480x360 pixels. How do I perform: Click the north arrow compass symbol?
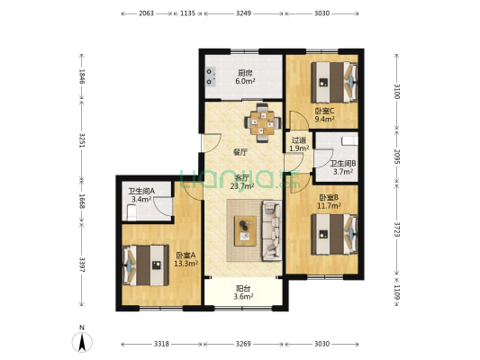82,342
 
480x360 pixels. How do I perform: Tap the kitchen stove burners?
211,76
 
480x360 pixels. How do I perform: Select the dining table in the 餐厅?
263,123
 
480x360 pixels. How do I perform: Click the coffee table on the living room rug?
245,231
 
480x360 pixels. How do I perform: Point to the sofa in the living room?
272,231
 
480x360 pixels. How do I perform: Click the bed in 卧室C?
334,82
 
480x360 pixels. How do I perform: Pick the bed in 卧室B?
334,234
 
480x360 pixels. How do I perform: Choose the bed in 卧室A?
145,265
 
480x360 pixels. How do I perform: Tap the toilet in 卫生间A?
131,212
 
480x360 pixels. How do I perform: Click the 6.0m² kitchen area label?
245,81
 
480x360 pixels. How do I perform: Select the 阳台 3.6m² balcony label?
243,292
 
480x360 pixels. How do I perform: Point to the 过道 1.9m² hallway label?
299,144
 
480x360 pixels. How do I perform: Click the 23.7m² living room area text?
242,185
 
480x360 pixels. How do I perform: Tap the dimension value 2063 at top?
146,13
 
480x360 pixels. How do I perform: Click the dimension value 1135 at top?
187,13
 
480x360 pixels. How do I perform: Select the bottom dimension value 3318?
161,344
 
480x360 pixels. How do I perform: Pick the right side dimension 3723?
397,229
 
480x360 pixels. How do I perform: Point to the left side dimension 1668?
82,201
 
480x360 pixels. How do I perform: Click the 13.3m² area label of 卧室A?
186,264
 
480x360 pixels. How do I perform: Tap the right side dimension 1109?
397,292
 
